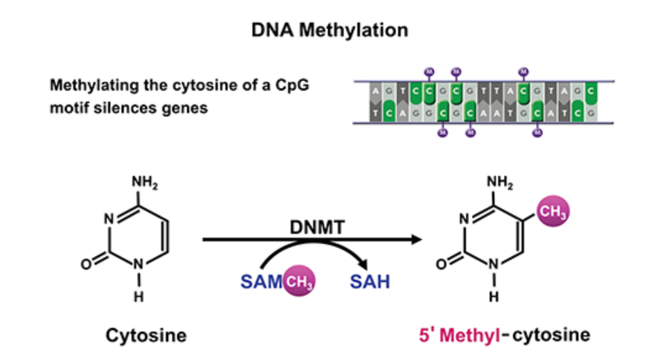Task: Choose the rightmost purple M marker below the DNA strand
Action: point(537,133)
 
